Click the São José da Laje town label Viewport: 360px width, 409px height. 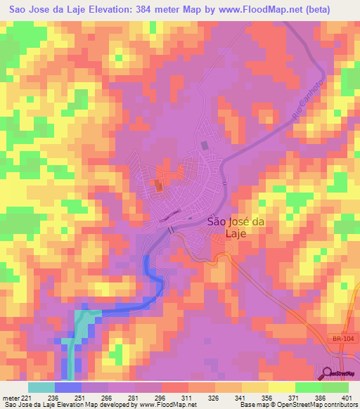coord(237,228)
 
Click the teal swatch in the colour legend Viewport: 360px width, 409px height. coord(41,387)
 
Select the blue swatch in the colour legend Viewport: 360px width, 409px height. coord(68,387)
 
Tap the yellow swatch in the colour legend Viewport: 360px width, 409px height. coord(282,387)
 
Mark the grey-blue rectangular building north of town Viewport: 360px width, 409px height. coord(205,145)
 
